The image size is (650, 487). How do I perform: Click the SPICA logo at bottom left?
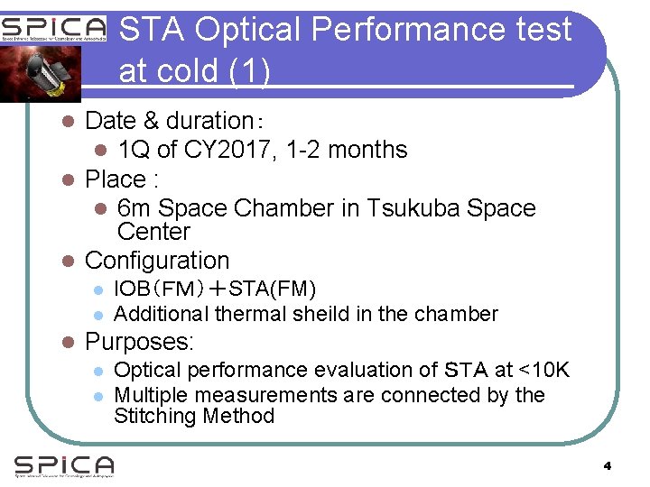(64, 466)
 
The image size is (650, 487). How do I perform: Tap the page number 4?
(608, 466)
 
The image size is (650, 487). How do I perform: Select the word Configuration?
(157, 261)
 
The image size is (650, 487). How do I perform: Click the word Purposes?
(140, 343)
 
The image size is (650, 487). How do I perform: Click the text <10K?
(544, 370)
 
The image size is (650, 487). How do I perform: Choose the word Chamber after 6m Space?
(283, 208)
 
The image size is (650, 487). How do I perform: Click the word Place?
(115, 179)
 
